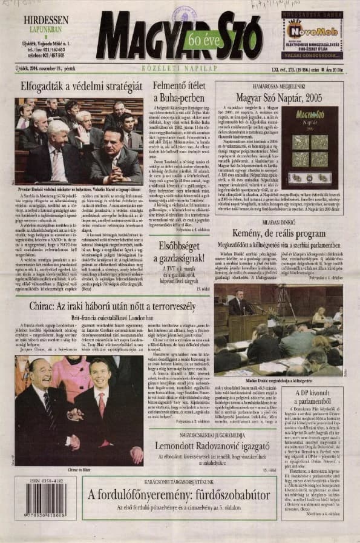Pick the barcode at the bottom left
pos(45,501)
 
